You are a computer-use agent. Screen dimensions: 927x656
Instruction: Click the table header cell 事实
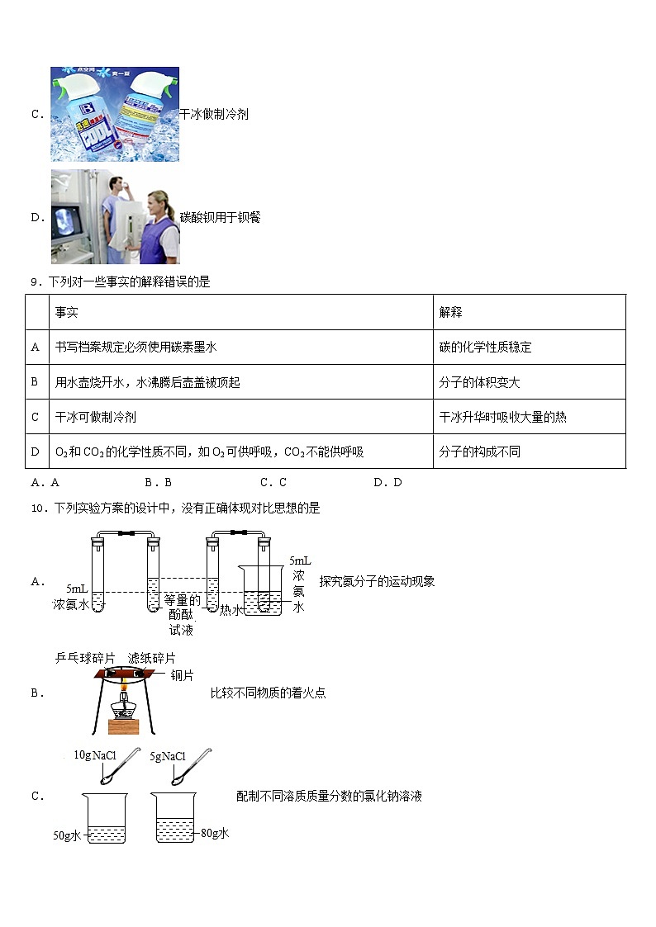pos(67,312)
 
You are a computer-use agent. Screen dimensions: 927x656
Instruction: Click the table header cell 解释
pos(451,312)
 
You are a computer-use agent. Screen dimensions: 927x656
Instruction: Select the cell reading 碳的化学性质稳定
pos(485,348)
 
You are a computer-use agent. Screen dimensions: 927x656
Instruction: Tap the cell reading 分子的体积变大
pos(479,382)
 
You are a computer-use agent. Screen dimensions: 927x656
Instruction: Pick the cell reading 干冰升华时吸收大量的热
pos(502,417)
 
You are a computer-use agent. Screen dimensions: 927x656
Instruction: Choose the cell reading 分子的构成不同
pos(479,452)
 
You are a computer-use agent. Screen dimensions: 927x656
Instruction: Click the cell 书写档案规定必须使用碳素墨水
pos(135,348)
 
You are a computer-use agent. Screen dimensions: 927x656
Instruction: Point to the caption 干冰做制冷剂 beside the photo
pos(214,115)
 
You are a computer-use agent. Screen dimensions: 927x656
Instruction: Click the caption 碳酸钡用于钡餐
pos(221,218)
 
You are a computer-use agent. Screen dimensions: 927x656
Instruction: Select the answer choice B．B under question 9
pos(158,483)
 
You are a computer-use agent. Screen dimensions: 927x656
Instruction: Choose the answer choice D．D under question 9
pos(387,483)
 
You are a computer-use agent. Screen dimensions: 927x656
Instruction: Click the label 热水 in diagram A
pos(231,610)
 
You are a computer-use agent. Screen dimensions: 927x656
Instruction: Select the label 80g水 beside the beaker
pos(215,833)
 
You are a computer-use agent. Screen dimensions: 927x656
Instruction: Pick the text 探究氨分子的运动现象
pos(377,581)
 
